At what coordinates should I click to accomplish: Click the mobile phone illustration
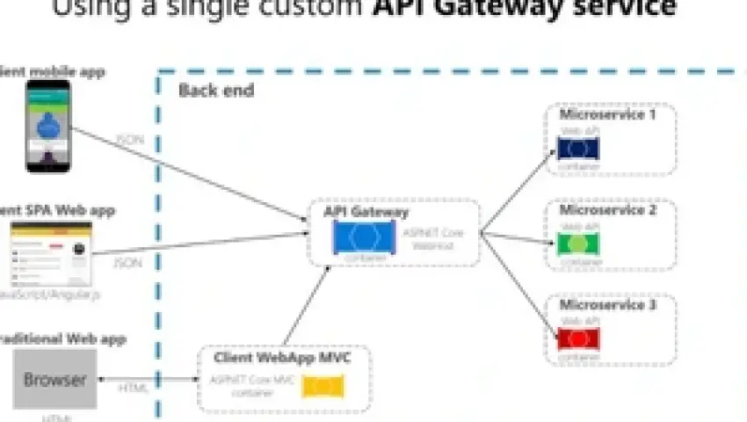tap(47, 125)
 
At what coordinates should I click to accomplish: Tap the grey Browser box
tap(54, 380)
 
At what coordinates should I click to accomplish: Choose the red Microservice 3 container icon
tap(578, 338)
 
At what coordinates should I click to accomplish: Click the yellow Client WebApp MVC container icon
tap(323, 386)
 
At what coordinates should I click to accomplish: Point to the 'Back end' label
tap(216, 91)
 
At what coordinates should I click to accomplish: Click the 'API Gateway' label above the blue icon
tap(366, 212)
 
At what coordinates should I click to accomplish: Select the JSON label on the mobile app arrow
tap(129, 140)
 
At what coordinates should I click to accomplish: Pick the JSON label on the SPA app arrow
tap(127, 262)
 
